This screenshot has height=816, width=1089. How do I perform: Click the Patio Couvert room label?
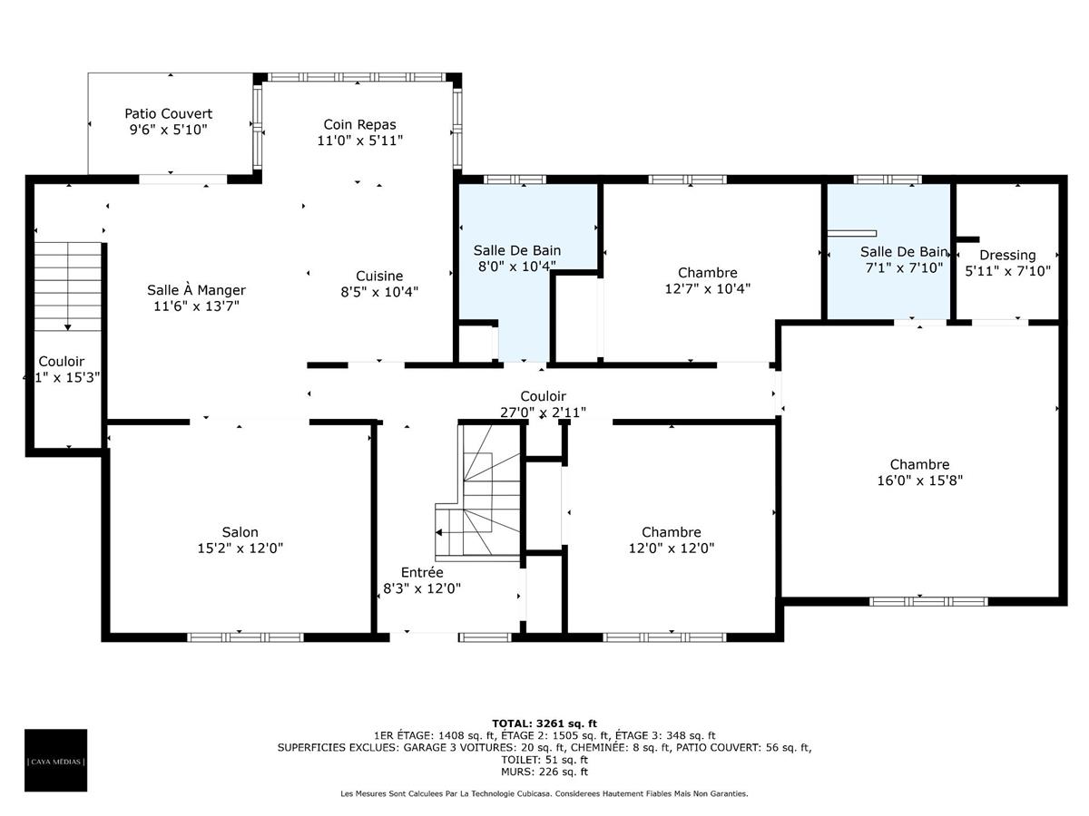[x=168, y=113]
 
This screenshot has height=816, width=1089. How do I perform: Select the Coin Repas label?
[x=359, y=124]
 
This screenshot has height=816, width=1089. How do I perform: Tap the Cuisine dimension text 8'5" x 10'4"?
[x=379, y=291]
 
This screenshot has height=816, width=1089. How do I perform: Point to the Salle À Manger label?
[x=196, y=290]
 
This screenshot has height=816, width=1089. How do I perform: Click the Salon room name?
[x=240, y=532]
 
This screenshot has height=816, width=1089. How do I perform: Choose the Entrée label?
[x=422, y=572]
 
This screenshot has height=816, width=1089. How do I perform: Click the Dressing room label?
[x=1007, y=255]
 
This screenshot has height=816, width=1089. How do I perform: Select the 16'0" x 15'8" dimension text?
[x=919, y=481]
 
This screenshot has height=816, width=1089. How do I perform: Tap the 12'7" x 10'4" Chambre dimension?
[x=707, y=288]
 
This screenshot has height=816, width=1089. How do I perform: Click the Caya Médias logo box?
[x=56, y=760]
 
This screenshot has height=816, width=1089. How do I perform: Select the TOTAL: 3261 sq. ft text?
[x=544, y=723]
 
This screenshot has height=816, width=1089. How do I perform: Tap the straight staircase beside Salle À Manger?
[x=68, y=287]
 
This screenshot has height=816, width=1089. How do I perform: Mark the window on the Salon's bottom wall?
[x=245, y=636]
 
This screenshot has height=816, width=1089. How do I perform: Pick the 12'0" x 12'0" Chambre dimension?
[x=671, y=548]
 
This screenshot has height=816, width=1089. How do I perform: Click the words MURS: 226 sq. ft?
[x=544, y=772]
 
